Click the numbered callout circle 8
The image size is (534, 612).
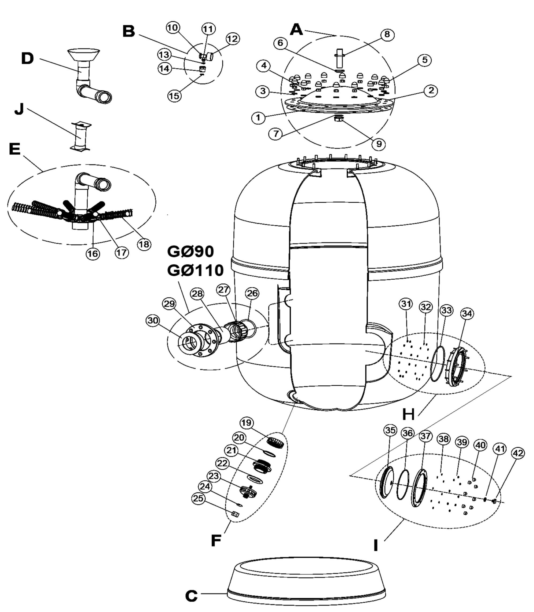coord(387,34)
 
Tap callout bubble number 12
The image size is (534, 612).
coord(232,39)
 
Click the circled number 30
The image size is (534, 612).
coord(153,320)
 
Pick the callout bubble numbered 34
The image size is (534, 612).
coord(467,313)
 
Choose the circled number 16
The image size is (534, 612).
coord(93,254)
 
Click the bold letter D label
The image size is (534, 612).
coord(27,59)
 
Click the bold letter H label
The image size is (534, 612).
coord(408,414)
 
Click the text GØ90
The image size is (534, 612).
coord(191,252)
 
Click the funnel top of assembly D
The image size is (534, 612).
coord(83,55)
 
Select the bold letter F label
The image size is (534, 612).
coord(216,541)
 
